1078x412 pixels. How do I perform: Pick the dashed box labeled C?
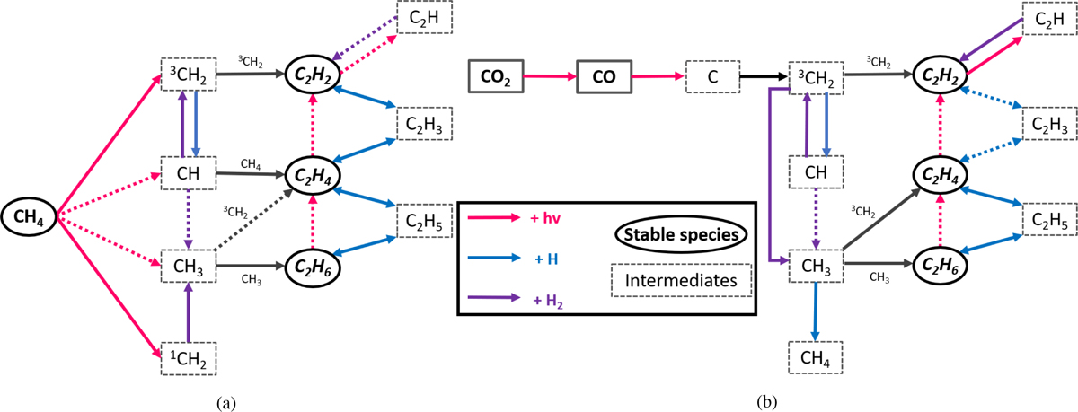point(712,77)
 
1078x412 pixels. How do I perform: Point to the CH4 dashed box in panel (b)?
point(815,359)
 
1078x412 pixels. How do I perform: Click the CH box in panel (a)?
point(188,171)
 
